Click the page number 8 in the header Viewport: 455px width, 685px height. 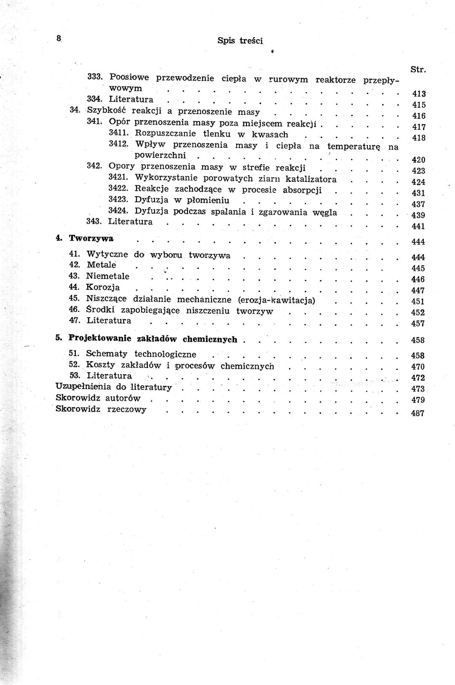pos(59,38)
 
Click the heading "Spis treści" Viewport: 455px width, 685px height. pos(240,40)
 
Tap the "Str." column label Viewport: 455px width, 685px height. pos(418,69)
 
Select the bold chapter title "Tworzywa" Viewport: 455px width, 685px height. pos(91,238)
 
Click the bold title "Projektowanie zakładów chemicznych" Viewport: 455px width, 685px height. pos(153,339)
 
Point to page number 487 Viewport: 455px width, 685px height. pos(418,413)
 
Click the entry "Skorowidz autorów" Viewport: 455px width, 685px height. pos(98,398)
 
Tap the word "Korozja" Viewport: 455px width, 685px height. pos(103,288)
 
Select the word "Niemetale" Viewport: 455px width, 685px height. pos(107,276)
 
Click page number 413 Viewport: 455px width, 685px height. pos(419,94)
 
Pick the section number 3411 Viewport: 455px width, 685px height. pos(118,133)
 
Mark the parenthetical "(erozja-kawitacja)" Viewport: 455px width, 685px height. pos(276,300)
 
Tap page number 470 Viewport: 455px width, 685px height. pos(418,367)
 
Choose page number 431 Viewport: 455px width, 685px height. pos(418,193)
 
